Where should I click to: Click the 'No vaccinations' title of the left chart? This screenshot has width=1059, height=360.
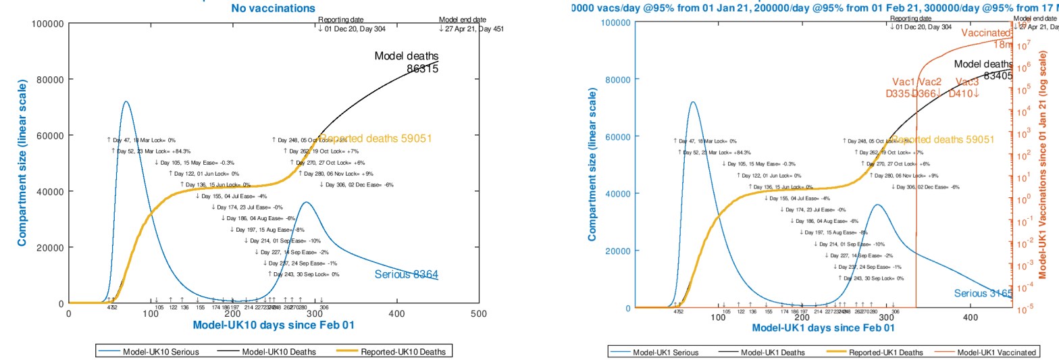[273, 8]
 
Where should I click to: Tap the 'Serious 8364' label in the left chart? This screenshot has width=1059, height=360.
[406, 274]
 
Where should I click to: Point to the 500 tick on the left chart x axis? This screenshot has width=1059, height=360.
[479, 313]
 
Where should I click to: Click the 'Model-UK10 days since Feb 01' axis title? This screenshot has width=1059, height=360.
[274, 325]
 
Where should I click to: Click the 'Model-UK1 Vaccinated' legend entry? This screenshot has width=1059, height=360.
[996, 353]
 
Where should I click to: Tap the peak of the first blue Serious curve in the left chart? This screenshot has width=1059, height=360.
[126, 102]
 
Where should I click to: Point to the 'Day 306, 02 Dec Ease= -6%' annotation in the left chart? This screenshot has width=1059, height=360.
[356, 184]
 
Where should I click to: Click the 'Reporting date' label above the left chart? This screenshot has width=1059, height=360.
[340, 20]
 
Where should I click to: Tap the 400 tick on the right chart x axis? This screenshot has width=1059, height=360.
[971, 317]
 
